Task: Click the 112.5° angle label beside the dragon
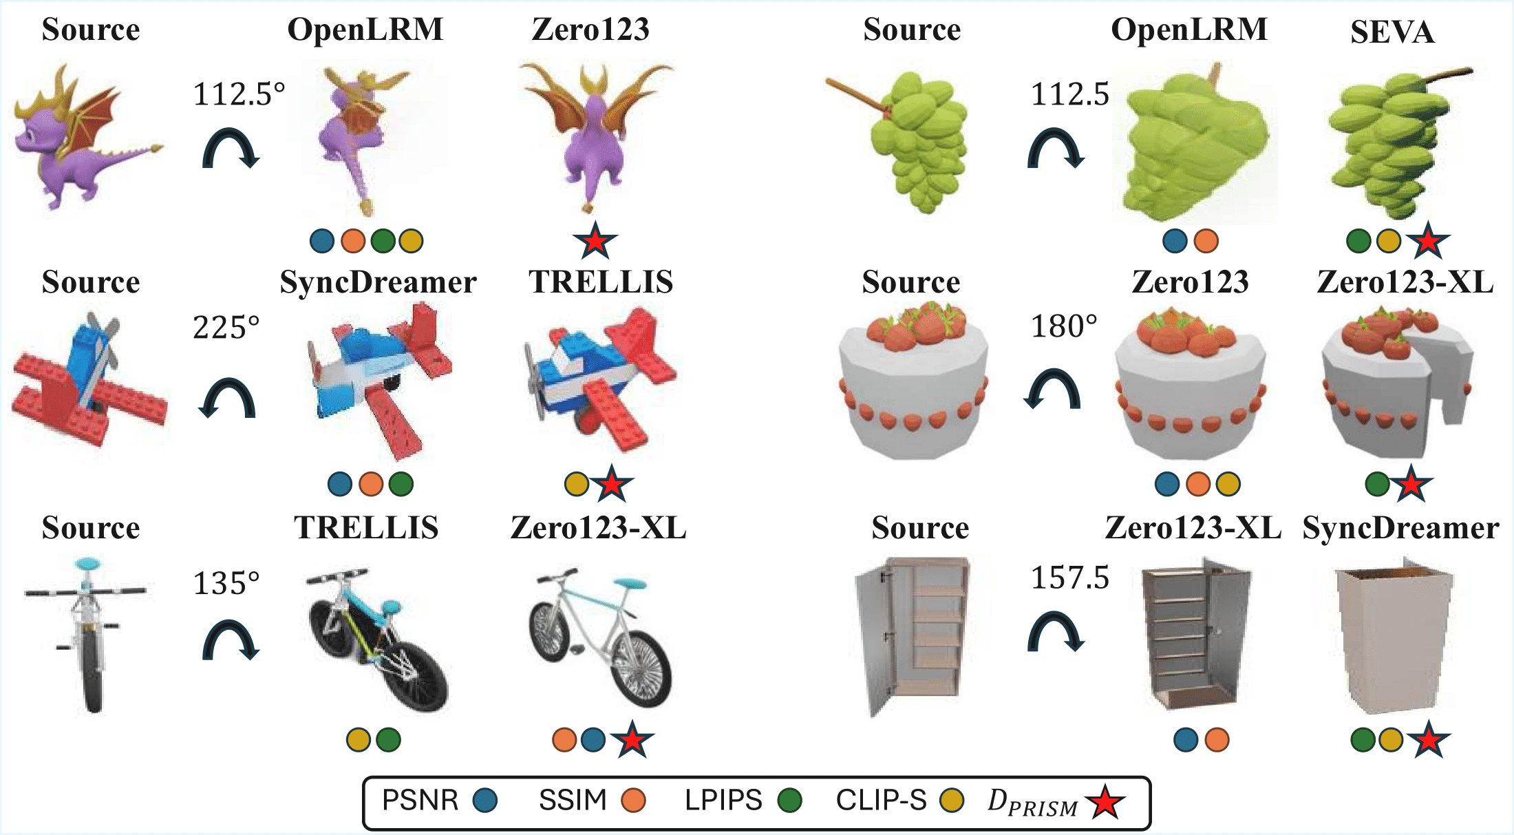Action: [238, 94]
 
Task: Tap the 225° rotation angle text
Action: [226, 328]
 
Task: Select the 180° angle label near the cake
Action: [1063, 326]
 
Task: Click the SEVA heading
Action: [1392, 32]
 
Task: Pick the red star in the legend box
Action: [1105, 802]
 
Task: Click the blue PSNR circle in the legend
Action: [485, 801]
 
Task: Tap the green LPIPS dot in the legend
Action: [789, 801]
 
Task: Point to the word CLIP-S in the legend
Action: [881, 801]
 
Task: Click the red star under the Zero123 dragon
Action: [595, 241]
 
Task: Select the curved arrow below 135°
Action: [231, 640]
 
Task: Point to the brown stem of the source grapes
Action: [853, 96]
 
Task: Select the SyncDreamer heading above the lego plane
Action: [378, 282]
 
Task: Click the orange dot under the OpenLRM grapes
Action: [1206, 241]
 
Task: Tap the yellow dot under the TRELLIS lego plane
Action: [576, 484]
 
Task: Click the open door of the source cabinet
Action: [871, 640]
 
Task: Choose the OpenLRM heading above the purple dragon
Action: [365, 30]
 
